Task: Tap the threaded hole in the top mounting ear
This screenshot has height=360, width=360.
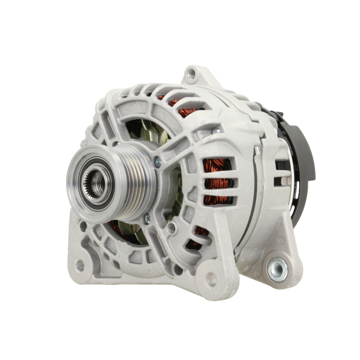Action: tap(192, 75)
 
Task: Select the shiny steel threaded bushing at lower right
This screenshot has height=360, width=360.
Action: tap(277, 269)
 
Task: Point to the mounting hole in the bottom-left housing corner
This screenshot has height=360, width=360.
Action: tap(80, 265)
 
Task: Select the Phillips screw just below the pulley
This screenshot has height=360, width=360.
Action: tap(147, 217)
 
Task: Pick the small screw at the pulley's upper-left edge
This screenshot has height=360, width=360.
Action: tap(116, 144)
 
